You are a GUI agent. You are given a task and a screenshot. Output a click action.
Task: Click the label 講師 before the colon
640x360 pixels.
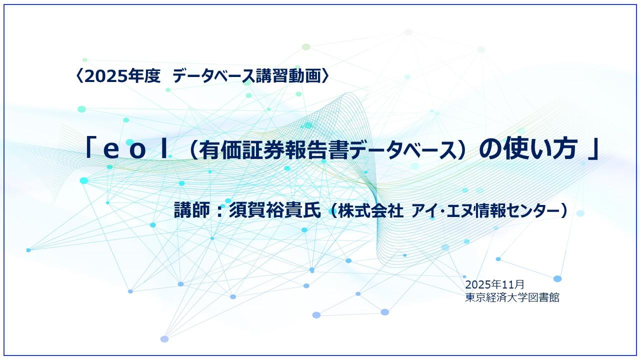[x=189, y=210]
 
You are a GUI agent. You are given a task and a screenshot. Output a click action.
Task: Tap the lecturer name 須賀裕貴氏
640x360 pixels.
[x=273, y=210]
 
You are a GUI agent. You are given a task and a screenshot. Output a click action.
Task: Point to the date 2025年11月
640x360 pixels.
[x=494, y=284]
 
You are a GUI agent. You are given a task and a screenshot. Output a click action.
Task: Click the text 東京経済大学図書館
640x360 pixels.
[x=512, y=297]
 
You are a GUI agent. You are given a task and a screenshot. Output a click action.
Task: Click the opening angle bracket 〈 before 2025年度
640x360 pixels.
[x=80, y=76]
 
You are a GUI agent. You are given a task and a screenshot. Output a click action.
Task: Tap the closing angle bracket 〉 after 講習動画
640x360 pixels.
[x=325, y=76]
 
